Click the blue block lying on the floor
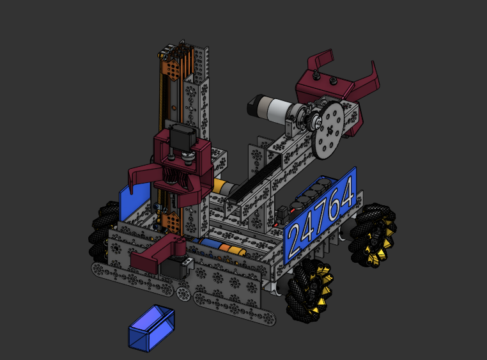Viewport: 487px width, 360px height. [151, 328]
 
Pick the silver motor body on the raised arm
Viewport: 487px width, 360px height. [278, 109]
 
